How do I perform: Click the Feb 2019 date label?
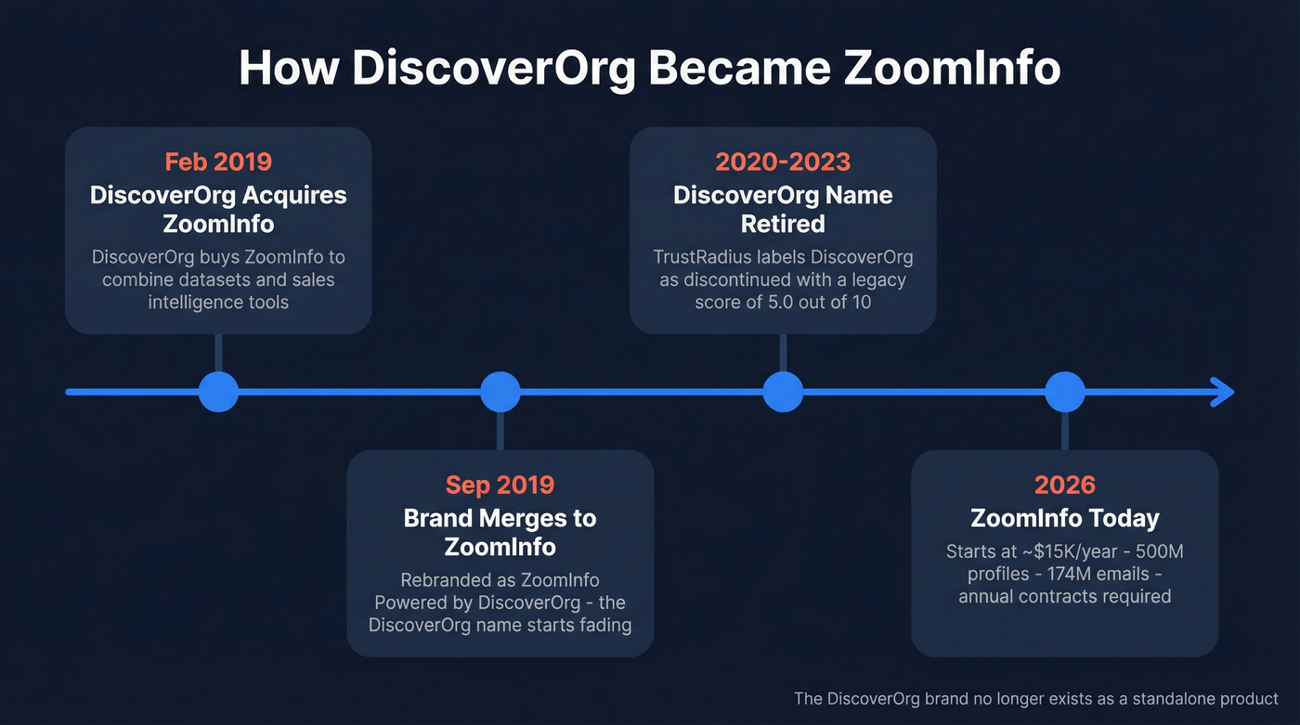pyautogui.click(x=218, y=162)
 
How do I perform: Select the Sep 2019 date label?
pyautogui.click(x=500, y=485)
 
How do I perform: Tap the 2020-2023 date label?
pyautogui.click(x=783, y=162)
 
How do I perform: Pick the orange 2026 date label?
pyautogui.click(x=1064, y=485)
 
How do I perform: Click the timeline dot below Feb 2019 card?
pyautogui.click(x=218, y=392)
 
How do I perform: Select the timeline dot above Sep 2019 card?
pyautogui.click(x=500, y=392)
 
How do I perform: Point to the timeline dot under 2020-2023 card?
pyautogui.click(x=783, y=392)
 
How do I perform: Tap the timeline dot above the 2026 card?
pyautogui.click(x=1065, y=392)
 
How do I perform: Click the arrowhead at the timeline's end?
pyautogui.click(x=1224, y=392)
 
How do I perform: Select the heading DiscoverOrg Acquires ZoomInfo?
pyautogui.click(x=218, y=210)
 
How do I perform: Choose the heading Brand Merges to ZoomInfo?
pyautogui.click(x=500, y=532)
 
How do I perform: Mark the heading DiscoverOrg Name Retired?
pyautogui.click(x=783, y=210)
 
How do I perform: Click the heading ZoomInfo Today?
pyautogui.click(x=1064, y=518)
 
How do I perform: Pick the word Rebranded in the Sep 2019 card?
pyautogui.click(x=444, y=580)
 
